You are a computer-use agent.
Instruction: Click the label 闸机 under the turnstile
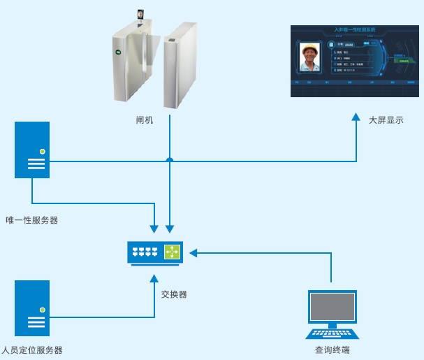click(x=145, y=120)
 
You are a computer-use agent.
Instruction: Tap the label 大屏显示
click(x=386, y=120)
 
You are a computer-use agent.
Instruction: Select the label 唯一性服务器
click(x=31, y=220)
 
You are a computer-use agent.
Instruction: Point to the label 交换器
click(x=173, y=294)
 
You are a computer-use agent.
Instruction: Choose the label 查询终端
click(x=332, y=350)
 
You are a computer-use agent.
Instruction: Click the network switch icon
click(x=155, y=252)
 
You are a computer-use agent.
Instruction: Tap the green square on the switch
click(x=172, y=252)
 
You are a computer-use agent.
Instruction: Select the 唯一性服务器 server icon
click(x=33, y=150)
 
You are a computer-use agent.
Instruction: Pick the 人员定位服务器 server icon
click(x=33, y=308)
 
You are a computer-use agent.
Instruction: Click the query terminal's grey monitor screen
click(x=332, y=308)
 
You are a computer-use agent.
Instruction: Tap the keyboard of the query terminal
click(x=332, y=333)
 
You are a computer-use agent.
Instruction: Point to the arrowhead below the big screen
click(x=356, y=116)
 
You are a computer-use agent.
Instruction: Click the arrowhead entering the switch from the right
click(x=194, y=252)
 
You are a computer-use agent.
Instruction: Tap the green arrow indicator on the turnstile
click(x=118, y=52)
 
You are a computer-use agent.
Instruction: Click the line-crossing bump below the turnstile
click(x=170, y=159)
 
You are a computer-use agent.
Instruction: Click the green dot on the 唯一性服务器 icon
click(x=43, y=151)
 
